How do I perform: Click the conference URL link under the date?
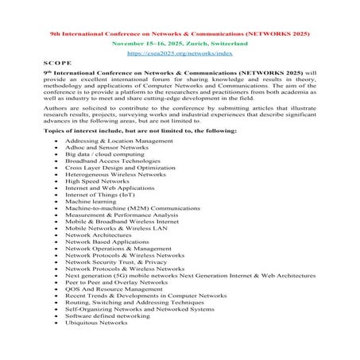(180, 56)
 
